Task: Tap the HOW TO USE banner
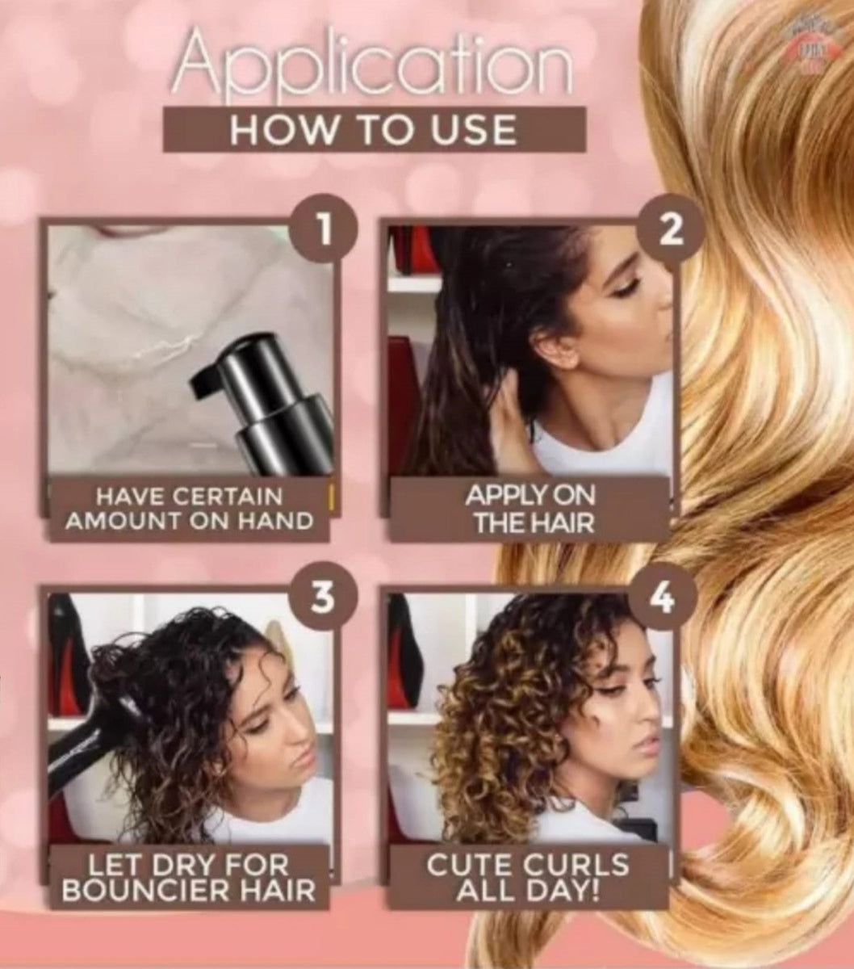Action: (x=374, y=129)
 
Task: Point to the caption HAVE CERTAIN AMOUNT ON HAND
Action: (x=189, y=509)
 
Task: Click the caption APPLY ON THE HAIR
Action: (x=530, y=510)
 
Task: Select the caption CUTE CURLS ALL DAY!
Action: (x=528, y=876)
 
